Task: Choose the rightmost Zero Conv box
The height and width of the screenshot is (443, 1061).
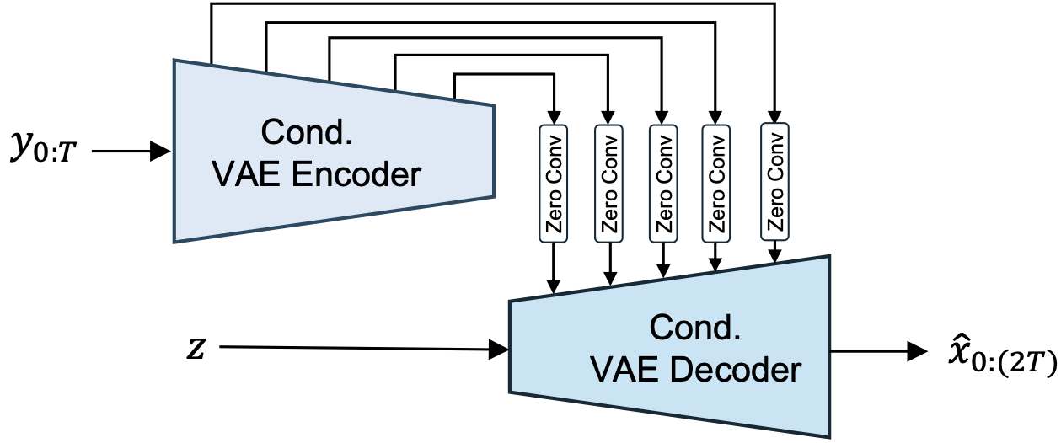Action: pos(775,183)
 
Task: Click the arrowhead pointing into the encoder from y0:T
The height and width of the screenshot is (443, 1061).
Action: pos(163,152)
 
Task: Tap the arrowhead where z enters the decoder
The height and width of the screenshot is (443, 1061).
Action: pos(500,349)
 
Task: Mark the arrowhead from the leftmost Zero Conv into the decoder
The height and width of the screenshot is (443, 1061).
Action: pos(555,286)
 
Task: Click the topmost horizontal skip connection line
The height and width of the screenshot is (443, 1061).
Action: pos(493,4)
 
